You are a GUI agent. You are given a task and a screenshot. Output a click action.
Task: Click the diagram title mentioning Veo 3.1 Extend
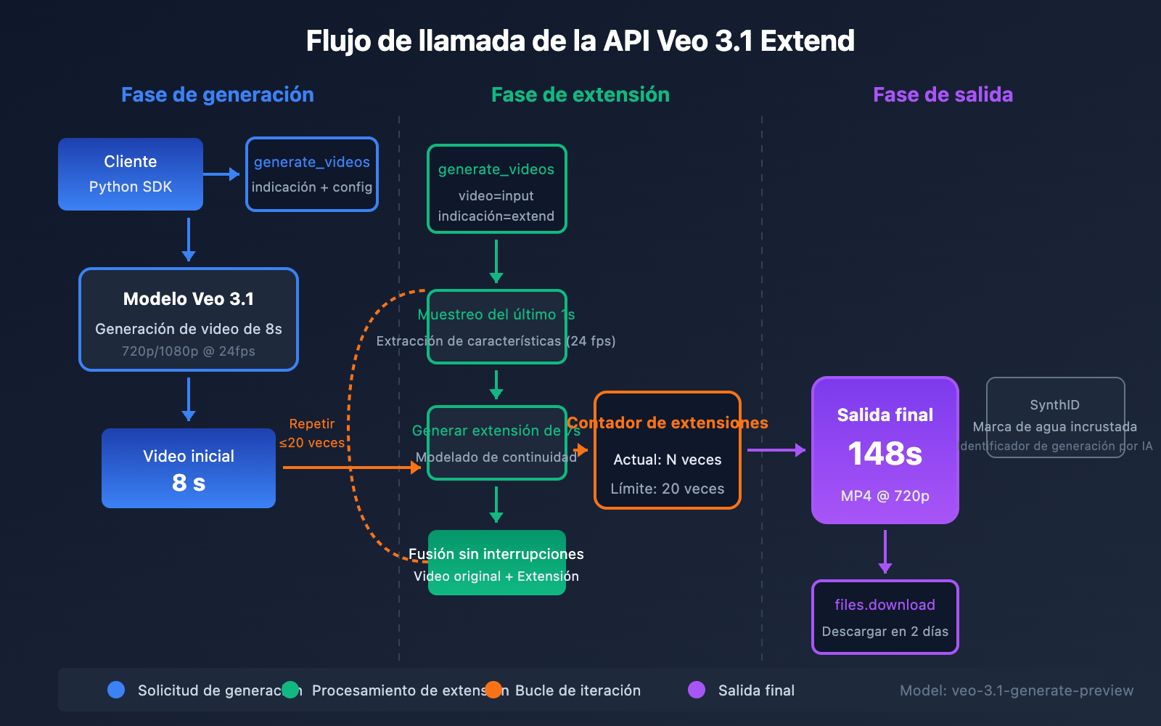pyautogui.click(x=580, y=41)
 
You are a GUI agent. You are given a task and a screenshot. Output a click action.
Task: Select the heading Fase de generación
pyautogui.click(x=217, y=95)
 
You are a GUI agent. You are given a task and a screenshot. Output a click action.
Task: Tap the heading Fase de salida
pyautogui.click(x=943, y=95)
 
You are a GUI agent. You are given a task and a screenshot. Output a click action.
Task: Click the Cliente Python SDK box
pyautogui.click(x=131, y=174)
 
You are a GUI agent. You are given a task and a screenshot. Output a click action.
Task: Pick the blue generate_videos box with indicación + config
pyautogui.click(x=312, y=174)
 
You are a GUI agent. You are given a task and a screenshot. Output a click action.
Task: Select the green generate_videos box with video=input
pyautogui.click(x=496, y=189)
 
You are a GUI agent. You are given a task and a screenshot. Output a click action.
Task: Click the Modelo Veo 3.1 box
pyautogui.click(x=189, y=319)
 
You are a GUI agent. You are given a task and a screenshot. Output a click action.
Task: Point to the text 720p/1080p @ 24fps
pyautogui.click(x=189, y=351)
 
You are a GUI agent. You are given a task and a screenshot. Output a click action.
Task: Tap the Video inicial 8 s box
pyautogui.click(x=189, y=468)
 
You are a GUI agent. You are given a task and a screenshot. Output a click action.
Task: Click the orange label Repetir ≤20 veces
pyautogui.click(x=312, y=433)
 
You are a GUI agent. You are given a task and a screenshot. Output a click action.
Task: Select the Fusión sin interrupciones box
pyautogui.click(x=496, y=563)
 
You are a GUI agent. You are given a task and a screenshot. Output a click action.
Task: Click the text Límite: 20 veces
pyautogui.click(x=667, y=489)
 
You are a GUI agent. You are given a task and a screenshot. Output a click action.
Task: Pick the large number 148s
pyautogui.click(x=885, y=454)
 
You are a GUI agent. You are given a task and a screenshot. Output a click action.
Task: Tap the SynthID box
pyautogui.click(x=1055, y=417)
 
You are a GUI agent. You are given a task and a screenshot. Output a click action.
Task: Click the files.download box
pyautogui.click(x=885, y=617)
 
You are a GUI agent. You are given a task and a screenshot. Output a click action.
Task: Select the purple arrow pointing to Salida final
pyautogui.click(x=776, y=450)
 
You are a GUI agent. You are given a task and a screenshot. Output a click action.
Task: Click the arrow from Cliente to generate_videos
pyautogui.click(x=221, y=174)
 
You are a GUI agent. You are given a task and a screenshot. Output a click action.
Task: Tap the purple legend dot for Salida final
pyautogui.click(x=697, y=690)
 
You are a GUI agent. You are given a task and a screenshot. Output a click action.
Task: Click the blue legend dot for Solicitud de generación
pyautogui.click(x=116, y=690)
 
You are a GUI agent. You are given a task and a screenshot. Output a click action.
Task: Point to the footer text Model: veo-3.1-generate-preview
pyautogui.click(x=1016, y=690)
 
